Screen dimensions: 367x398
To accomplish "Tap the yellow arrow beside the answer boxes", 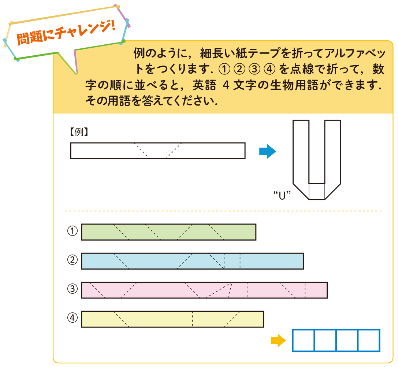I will [x=278, y=341].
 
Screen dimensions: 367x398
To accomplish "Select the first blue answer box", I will [x=304, y=341].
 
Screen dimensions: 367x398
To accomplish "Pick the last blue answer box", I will [x=369, y=341].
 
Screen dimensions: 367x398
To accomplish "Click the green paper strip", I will [x=168, y=232].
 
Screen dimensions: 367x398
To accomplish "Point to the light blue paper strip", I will [x=192, y=261].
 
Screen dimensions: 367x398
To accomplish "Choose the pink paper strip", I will [x=204, y=290].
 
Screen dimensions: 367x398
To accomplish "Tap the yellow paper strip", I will [x=172, y=319].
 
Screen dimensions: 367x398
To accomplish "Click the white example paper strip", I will [x=157, y=151].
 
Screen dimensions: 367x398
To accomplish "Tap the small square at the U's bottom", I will [x=317, y=192].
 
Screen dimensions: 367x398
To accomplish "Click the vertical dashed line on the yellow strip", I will [x=192, y=319].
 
